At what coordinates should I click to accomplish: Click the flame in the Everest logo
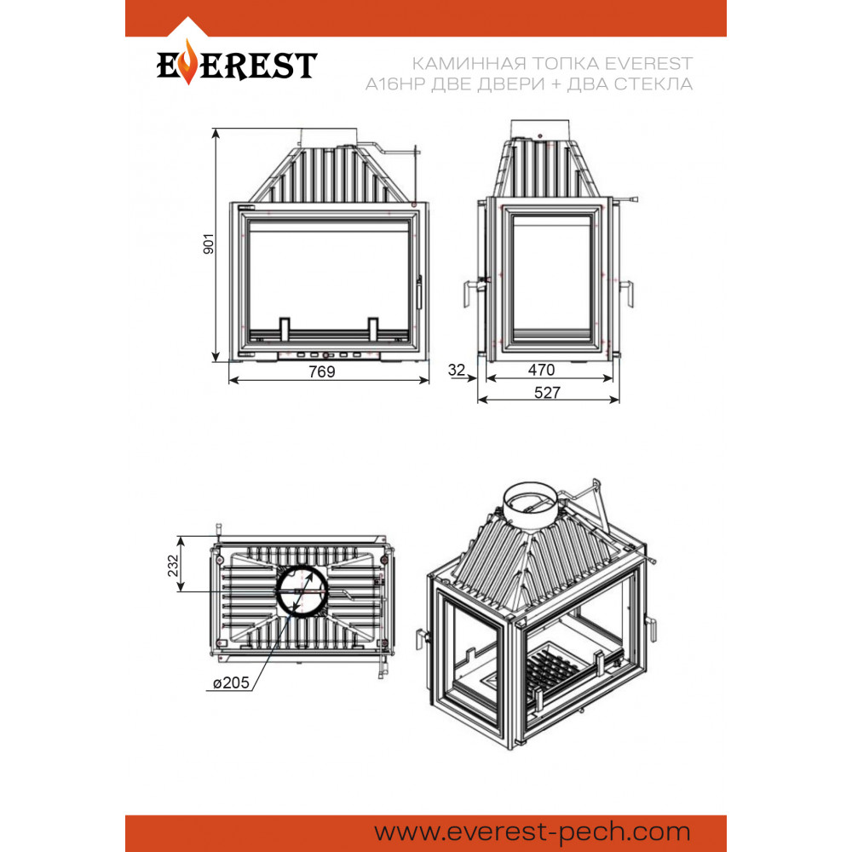click(x=188, y=61)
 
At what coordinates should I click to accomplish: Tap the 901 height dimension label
click(x=209, y=244)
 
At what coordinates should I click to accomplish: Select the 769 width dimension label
click(x=322, y=371)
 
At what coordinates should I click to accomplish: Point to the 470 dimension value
click(x=541, y=370)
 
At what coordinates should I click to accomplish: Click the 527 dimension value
click(x=547, y=392)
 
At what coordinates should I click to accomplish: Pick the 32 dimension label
click(x=457, y=370)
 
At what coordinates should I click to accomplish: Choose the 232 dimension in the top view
click(x=173, y=566)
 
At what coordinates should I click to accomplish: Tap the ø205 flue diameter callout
click(x=231, y=682)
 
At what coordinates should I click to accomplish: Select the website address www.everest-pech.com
click(x=532, y=832)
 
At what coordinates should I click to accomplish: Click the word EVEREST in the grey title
click(x=648, y=64)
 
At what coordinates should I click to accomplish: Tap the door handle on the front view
click(x=419, y=292)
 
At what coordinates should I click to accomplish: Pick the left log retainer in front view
click(x=285, y=329)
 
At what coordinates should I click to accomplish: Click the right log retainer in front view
click(x=373, y=329)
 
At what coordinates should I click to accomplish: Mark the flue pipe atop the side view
click(x=540, y=130)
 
